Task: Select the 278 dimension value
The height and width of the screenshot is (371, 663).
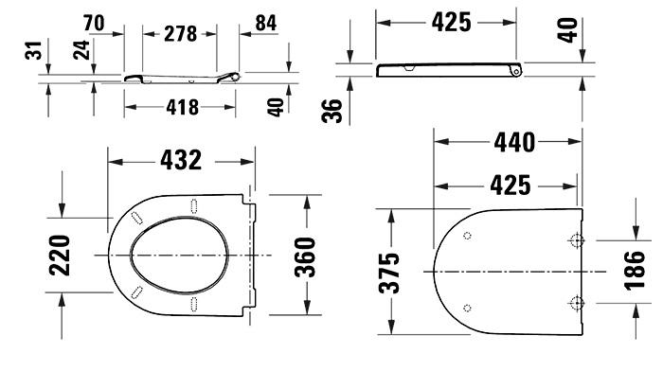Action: click(x=180, y=34)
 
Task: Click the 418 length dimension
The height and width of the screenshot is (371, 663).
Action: click(x=180, y=107)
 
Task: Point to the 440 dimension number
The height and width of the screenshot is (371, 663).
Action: click(x=514, y=143)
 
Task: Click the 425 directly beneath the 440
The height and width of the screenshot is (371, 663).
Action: click(x=514, y=185)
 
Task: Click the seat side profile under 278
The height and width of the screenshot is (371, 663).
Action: click(x=180, y=76)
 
